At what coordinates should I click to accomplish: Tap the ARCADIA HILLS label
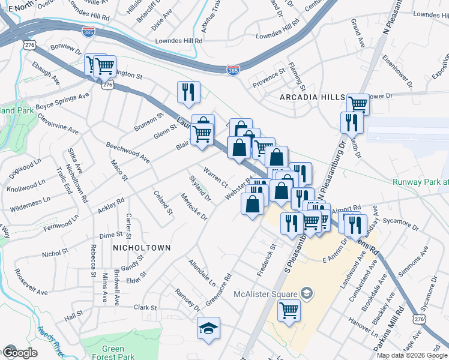click(x=312, y=97)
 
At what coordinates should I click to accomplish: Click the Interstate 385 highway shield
click(x=233, y=70)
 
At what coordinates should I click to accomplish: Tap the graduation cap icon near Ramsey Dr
click(x=208, y=328)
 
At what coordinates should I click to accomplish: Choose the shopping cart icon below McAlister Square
click(x=289, y=311)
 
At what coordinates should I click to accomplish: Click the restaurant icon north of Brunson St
click(x=188, y=92)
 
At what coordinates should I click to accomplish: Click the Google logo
click(x=19, y=352)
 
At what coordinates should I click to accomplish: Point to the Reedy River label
click(x=50, y=338)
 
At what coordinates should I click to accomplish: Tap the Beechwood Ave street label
click(x=127, y=152)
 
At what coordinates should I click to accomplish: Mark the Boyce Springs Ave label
click(x=62, y=101)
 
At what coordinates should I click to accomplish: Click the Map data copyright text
click(x=412, y=355)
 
